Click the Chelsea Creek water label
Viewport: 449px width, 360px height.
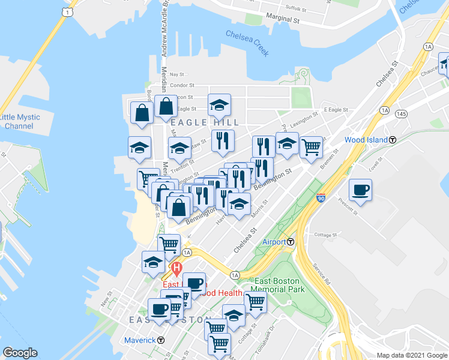247,43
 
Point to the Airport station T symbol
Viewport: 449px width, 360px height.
291,242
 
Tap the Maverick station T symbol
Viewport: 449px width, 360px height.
161,340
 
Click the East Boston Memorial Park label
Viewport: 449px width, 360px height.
279,286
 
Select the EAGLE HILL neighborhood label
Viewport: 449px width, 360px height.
205,122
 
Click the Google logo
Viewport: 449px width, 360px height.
20,352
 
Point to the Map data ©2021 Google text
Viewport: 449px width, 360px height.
411,355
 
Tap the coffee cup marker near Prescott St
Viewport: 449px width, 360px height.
360,189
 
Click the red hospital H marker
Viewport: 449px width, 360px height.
176,268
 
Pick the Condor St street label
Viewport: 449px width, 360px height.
182,86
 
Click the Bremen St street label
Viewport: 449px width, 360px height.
329,159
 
